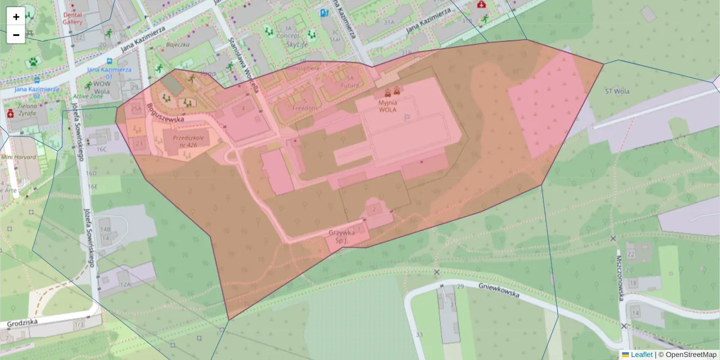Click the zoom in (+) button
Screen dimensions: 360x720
pyautogui.click(x=16, y=17)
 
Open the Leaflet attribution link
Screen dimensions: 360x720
pyautogui.click(x=641, y=355)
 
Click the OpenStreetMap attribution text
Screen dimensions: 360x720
pyautogui.click(x=691, y=355)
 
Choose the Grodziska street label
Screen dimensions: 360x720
pyautogui.click(x=23, y=323)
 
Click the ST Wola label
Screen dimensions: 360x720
pyautogui.click(x=618, y=92)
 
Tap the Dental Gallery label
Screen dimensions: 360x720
pyautogui.click(x=73, y=19)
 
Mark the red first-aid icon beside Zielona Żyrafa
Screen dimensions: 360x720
pyautogui.click(x=10, y=113)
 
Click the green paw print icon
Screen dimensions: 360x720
pyautogui.click(x=32, y=61)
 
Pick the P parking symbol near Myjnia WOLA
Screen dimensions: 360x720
pyautogui.click(x=407, y=119)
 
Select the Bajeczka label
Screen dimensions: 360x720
pyautogui.click(x=178, y=44)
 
